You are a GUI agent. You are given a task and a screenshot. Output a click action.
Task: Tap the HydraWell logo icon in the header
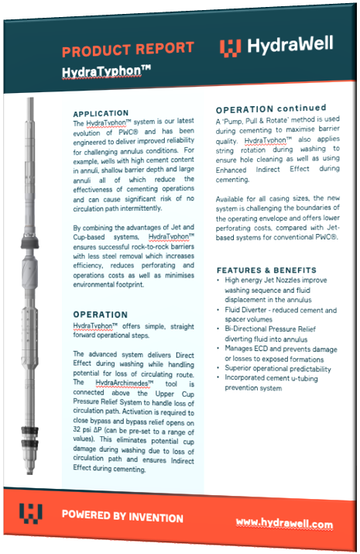[x=230, y=48]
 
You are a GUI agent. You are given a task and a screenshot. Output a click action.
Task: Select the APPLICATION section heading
[x=101, y=113]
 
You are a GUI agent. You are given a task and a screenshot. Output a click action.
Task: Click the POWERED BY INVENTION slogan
[x=122, y=517]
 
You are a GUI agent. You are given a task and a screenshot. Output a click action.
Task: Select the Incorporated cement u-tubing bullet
[x=277, y=382]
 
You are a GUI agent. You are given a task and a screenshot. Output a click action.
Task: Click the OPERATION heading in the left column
[x=101, y=315]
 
